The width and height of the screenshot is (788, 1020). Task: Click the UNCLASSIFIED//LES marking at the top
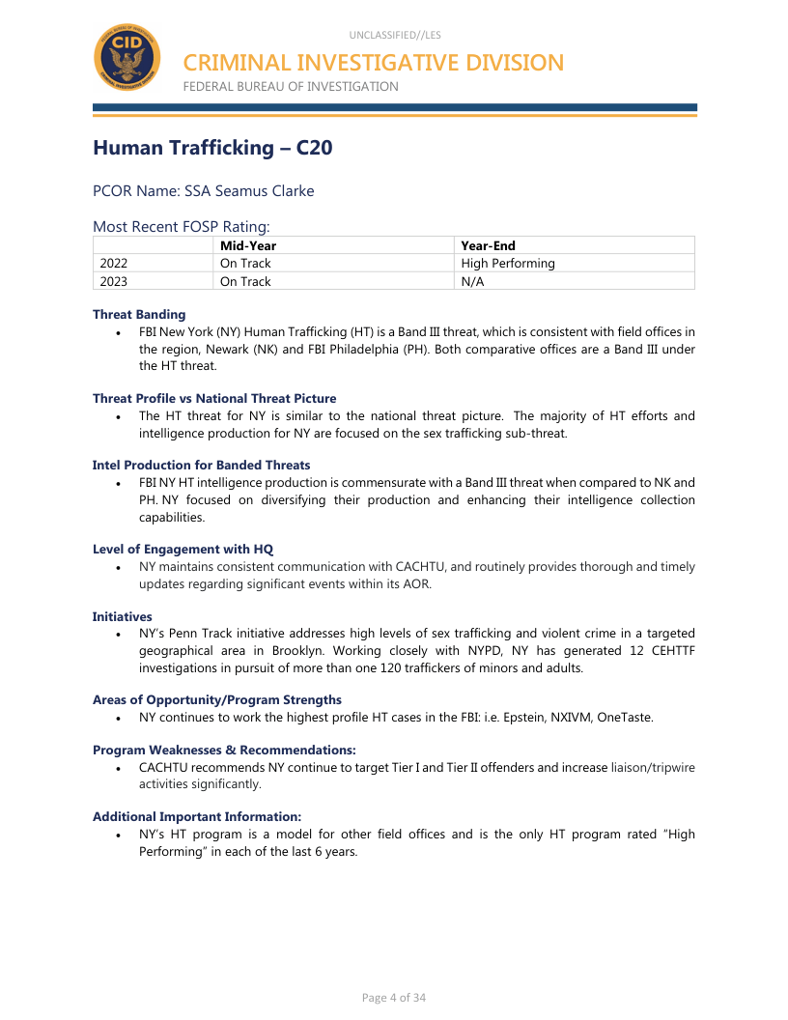(x=395, y=35)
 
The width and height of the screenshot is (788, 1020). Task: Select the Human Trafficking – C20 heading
(x=212, y=148)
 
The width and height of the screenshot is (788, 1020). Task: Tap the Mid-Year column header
(x=248, y=245)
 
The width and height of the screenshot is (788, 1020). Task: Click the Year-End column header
(x=488, y=245)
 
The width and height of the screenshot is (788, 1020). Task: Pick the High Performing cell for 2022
(x=508, y=263)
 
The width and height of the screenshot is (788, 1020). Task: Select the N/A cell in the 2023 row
(x=472, y=281)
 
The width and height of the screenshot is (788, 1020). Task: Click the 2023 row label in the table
(x=114, y=281)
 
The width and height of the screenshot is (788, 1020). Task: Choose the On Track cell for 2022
(x=245, y=263)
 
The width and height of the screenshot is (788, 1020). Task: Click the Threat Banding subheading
(x=139, y=314)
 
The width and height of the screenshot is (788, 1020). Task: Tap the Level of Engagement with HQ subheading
(x=183, y=549)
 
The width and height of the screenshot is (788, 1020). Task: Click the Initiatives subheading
(x=122, y=616)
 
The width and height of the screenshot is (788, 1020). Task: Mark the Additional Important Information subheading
(x=197, y=816)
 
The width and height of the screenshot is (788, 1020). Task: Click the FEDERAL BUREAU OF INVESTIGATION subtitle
(x=291, y=87)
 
